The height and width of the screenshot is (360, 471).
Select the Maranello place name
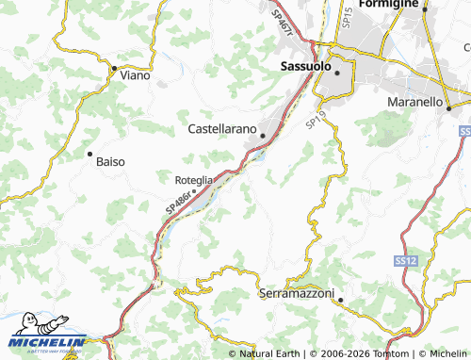(415, 101)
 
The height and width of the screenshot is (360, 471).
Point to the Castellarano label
(226, 129)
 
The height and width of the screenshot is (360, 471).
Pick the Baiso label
(110, 161)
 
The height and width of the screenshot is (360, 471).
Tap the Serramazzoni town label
(296, 294)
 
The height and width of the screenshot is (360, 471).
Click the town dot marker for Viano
(114, 68)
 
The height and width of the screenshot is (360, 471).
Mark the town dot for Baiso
(89, 153)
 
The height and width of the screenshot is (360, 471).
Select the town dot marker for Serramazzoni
(341, 302)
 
